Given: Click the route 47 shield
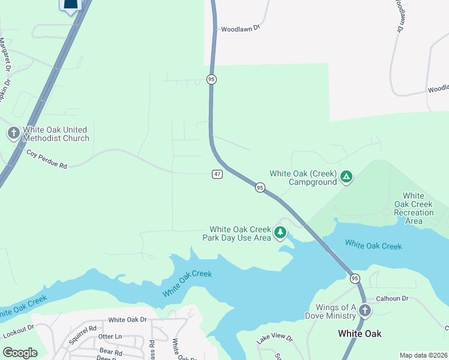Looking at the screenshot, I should pyautogui.click(x=217, y=174).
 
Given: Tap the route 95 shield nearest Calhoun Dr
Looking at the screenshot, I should pyautogui.click(x=355, y=278).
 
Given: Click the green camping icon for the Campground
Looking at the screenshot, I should pyautogui.click(x=346, y=177).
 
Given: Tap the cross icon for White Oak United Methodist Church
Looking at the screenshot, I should pyautogui.click(x=13, y=133).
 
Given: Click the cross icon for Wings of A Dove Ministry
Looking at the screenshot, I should pyautogui.click(x=365, y=311).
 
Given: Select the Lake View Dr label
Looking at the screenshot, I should pyautogui.click(x=274, y=339).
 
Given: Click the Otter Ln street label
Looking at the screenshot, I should pyautogui.click(x=110, y=337).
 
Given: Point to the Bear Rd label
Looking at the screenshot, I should pyautogui.click(x=111, y=351).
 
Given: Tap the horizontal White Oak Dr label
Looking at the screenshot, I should pyautogui.click(x=127, y=320).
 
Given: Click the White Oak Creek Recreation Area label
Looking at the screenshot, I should pyautogui.click(x=417, y=208).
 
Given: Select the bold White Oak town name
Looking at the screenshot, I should pyautogui.click(x=360, y=334).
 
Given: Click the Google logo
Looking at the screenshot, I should pyautogui.click(x=20, y=352).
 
